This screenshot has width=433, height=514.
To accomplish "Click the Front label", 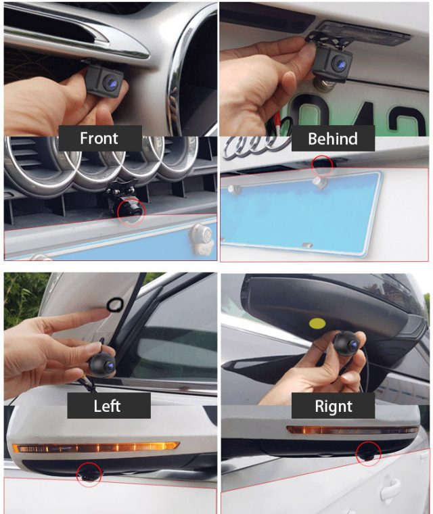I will pos(99,139).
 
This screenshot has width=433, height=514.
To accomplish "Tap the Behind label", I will pos(332,139).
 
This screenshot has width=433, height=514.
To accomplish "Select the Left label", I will pos(108,406).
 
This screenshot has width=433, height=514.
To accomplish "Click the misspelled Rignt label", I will pos(333,406).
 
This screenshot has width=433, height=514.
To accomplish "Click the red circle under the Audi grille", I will pos(131,211).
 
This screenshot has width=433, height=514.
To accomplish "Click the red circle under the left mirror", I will pos(89,473).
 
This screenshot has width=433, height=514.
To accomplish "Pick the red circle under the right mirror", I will pos(368,453).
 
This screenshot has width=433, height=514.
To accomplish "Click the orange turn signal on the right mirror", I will pos(352,429).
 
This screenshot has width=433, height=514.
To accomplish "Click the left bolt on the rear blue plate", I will pos(235,189).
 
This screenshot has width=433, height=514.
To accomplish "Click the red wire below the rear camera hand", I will pos(275,128).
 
